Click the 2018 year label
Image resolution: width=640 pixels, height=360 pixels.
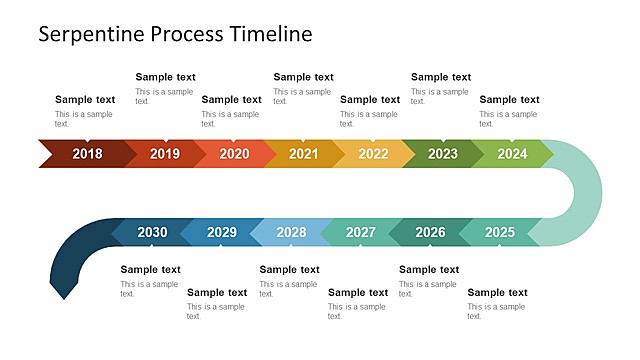(x=87, y=154)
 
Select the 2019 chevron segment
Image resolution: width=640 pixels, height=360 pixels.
(x=165, y=154)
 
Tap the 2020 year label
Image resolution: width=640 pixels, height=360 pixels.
(x=234, y=154)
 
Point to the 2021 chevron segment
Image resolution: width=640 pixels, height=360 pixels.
(x=304, y=154)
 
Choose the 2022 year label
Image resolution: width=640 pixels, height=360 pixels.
(x=373, y=154)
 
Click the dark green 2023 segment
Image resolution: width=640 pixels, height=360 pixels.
(x=443, y=154)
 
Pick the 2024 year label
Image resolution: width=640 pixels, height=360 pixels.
(x=512, y=154)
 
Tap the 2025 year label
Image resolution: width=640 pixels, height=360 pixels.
(x=500, y=232)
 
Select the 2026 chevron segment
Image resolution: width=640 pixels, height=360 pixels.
(x=430, y=232)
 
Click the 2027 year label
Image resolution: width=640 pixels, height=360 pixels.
(x=361, y=232)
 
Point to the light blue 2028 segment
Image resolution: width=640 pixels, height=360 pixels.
(x=291, y=232)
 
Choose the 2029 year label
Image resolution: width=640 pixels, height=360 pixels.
(x=222, y=232)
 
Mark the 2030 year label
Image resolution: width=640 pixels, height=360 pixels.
(x=152, y=232)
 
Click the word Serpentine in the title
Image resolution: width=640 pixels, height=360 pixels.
(x=91, y=34)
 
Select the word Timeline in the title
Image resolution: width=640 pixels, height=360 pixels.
(x=271, y=33)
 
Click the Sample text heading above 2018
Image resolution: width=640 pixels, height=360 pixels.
(x=85, y=100)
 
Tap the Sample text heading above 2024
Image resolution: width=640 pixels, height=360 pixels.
(x=509, y=100)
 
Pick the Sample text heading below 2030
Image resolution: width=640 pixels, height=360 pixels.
(x=150, y=270)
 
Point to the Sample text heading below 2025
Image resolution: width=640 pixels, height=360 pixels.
(x=498, y=293)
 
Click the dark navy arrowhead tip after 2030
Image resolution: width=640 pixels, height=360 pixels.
(x=64, y=299)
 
